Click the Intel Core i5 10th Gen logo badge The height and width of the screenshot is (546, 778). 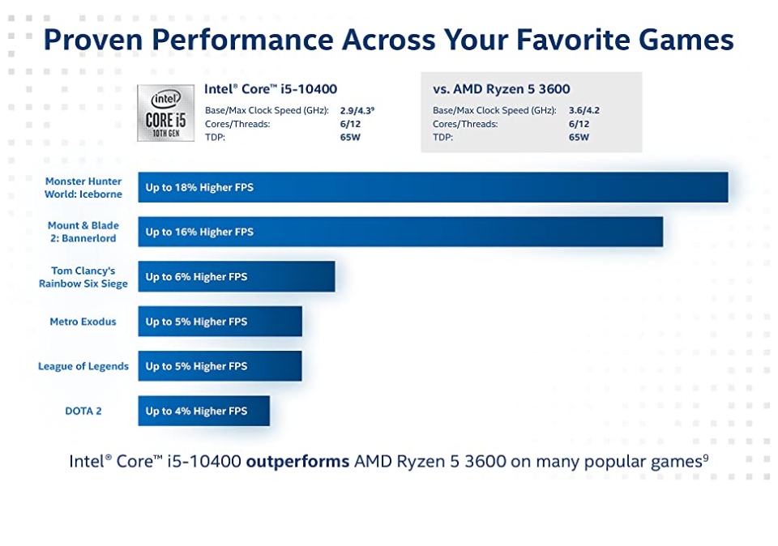tap(165, 113)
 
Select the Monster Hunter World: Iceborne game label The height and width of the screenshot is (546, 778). tap(83, 188)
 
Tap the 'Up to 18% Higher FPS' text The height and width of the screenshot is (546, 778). tap(199, 187)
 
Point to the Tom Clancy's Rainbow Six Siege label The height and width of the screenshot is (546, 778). tap(83, 277)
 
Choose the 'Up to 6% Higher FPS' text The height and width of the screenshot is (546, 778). tap(196, 277)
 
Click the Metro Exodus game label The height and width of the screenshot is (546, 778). tap(83, 322)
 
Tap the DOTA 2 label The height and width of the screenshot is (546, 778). tap(83, 411)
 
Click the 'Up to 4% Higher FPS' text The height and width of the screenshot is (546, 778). tap(196, 411)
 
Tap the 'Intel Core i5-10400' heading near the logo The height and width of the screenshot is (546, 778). tap(271, 89)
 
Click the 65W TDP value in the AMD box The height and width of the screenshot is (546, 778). tap(579, 138)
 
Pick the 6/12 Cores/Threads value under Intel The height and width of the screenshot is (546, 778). tap(350, 124)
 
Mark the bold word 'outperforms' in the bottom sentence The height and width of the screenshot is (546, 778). tap(297, 462)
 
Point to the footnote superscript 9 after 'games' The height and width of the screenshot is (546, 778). tap(706, 457)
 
